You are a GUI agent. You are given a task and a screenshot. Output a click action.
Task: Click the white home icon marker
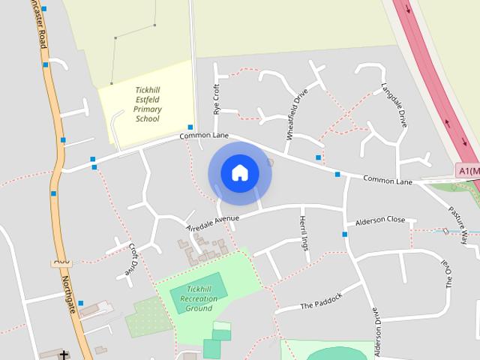pyautogui.click(x=239, y=172)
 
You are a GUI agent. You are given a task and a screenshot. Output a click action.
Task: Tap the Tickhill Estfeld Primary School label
pyautogui.click(x=147, y=104)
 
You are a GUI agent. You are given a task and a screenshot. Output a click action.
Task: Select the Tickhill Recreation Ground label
pyautogui.click(x=199, y=298)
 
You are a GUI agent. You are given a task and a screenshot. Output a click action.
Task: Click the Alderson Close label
pyautogui.click(x=379, y=220)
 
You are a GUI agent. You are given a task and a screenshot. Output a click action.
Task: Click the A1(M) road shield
pyautogui.click(x=468, y=172)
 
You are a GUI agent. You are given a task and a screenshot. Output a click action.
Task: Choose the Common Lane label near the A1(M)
pyautogui.click(x=388, y=181)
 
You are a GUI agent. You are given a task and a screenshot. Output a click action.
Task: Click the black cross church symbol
pyautogui.click(x=64, y=355)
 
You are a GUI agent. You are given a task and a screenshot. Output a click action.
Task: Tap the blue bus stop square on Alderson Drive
pyautogui.click(x=345, y=235)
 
